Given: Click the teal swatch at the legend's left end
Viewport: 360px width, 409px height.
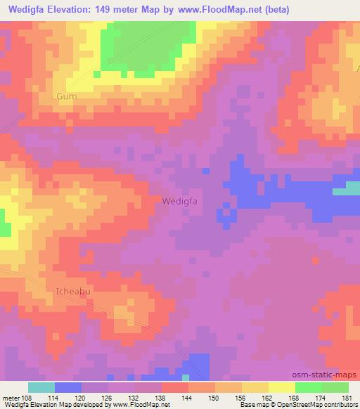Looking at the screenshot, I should point(41,387).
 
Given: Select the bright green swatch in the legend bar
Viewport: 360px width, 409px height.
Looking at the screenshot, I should point(309,387).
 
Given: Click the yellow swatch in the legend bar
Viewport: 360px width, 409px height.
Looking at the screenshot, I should point(282,387).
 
